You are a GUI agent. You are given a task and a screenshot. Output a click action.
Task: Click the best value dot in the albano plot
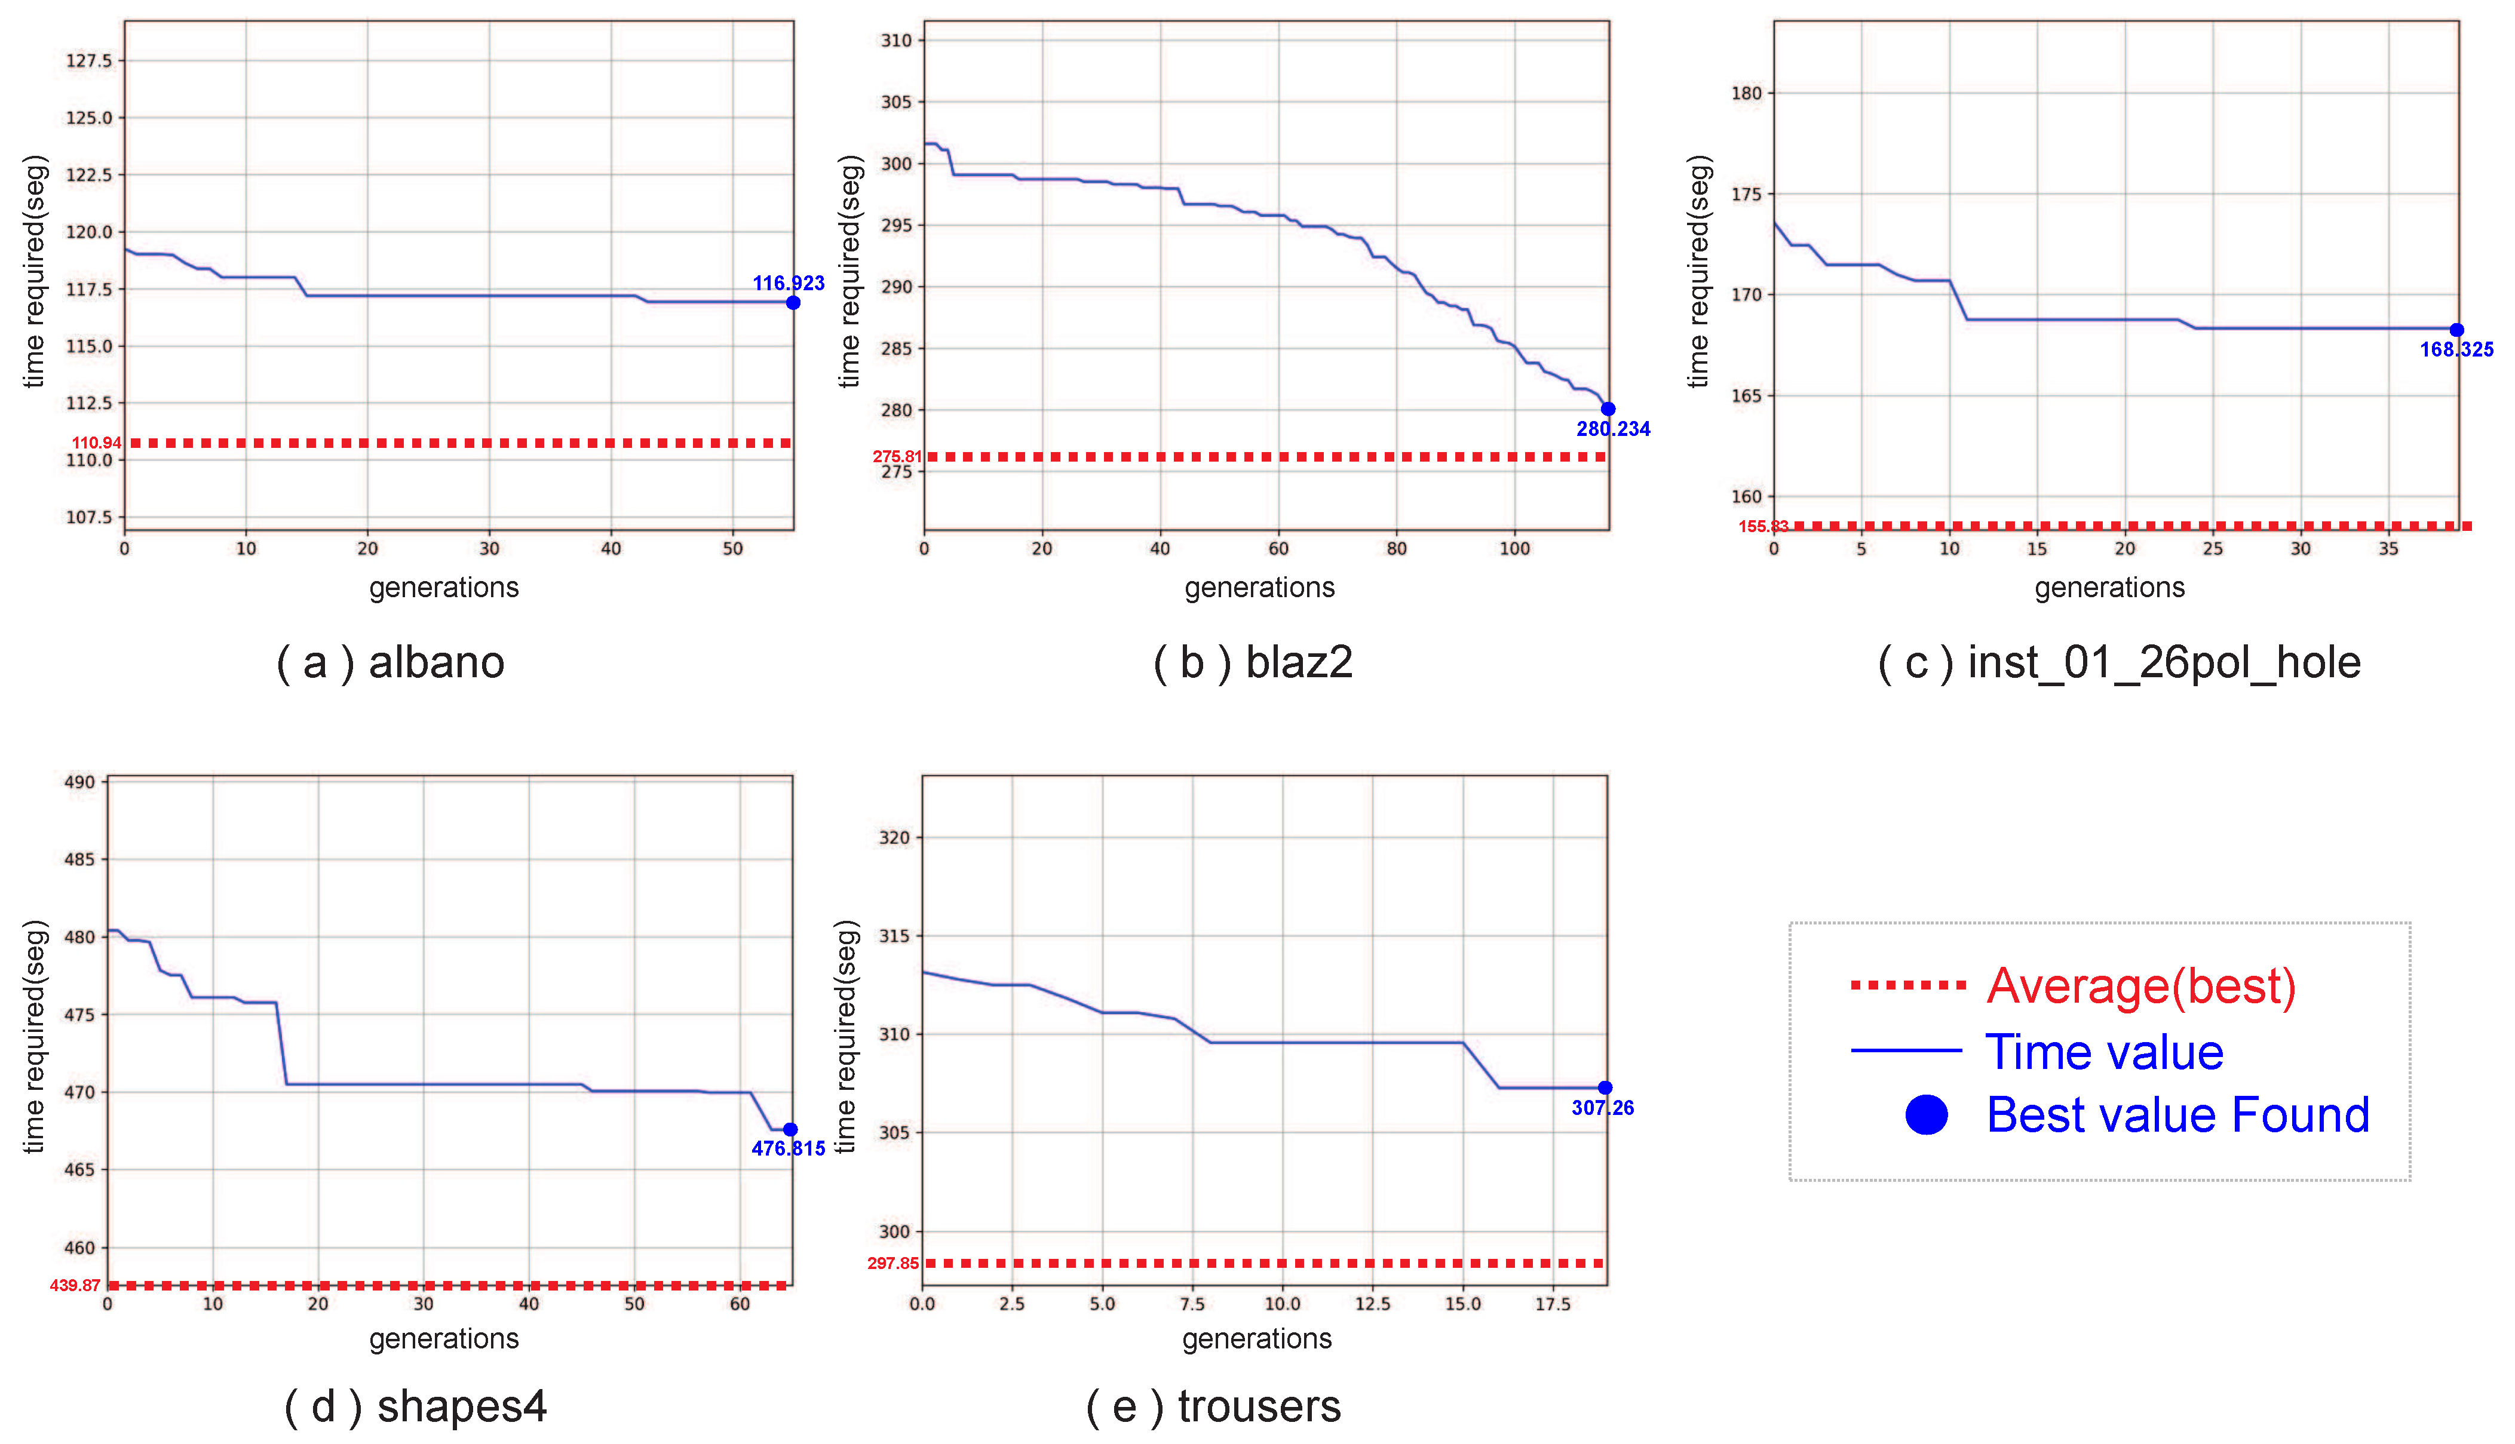793,303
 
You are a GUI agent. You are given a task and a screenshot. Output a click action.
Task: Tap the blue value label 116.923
788,284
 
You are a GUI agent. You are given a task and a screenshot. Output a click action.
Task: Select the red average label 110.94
96,443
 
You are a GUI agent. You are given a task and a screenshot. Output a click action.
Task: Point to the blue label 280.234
1612,429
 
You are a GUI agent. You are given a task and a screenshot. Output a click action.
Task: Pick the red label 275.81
897,457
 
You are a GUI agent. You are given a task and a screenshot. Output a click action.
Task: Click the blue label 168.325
2455,349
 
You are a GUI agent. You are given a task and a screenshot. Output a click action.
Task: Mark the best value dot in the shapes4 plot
790,1130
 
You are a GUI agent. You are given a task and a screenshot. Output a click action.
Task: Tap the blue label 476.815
788,1148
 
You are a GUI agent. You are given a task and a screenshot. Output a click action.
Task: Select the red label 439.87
75,1285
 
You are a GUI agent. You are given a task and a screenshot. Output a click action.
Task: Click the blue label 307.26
1602,1108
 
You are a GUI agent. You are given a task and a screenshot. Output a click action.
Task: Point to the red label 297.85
893,1264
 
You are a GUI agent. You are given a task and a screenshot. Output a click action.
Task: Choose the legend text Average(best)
2141,986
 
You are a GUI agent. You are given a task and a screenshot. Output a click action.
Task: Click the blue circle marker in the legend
1926,1116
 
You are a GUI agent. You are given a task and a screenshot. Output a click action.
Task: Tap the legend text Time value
2104,1052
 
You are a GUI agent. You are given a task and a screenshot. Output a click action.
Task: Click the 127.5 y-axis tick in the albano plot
89,60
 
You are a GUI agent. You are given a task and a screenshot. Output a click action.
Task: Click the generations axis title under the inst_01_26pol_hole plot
2109,588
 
